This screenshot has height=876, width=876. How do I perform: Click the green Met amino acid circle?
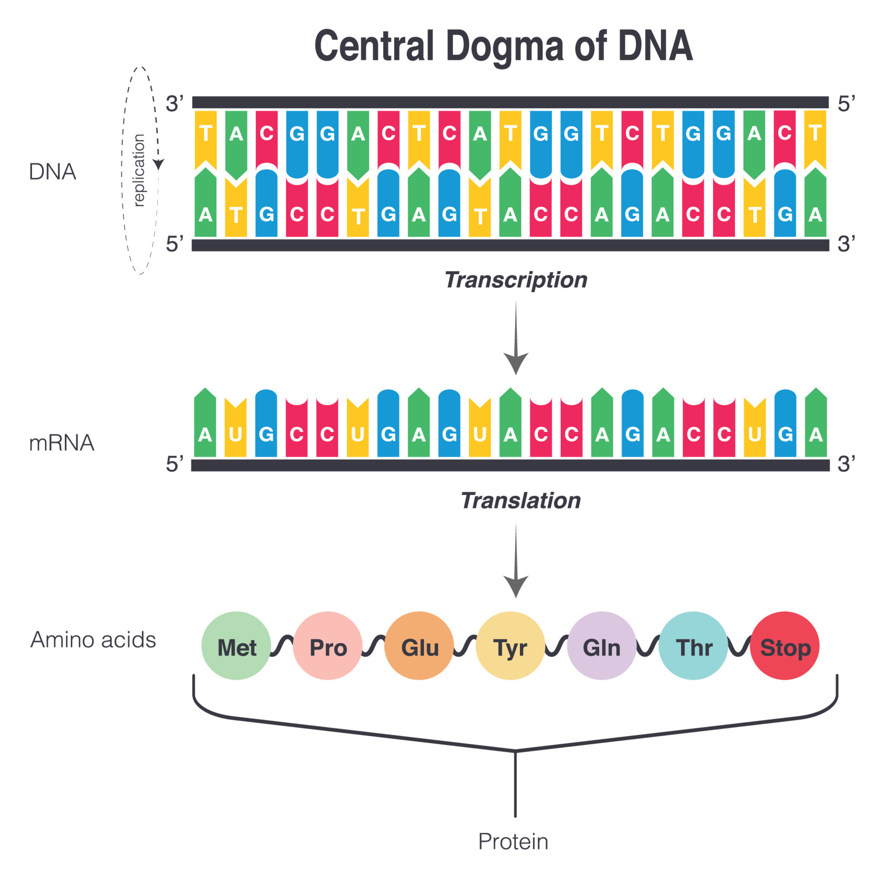[236, 646]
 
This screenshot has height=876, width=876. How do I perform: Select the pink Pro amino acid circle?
[328, 646]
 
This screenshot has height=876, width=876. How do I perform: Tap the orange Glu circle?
[419, 646]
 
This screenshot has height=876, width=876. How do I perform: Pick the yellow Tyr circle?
[510, 646]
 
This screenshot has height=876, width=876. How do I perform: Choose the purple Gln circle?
[601, 646]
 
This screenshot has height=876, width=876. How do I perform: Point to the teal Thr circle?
[693, 646]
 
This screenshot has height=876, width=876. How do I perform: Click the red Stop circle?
[785, 646]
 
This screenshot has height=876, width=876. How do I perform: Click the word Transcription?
[516, 280]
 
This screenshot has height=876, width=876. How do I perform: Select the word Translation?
[520, 501]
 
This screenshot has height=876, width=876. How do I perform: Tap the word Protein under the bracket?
[513, 842]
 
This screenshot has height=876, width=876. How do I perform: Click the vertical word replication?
[139, 170]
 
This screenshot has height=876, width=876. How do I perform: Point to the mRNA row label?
[62, 443]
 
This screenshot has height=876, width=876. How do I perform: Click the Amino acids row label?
[93, 640]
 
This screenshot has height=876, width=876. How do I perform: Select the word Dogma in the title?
[504, 47]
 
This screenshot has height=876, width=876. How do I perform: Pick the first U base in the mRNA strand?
[235, 433]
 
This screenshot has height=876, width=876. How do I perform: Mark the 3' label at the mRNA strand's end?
[846, 464]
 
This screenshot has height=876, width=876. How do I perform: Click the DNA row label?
[52, 172]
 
